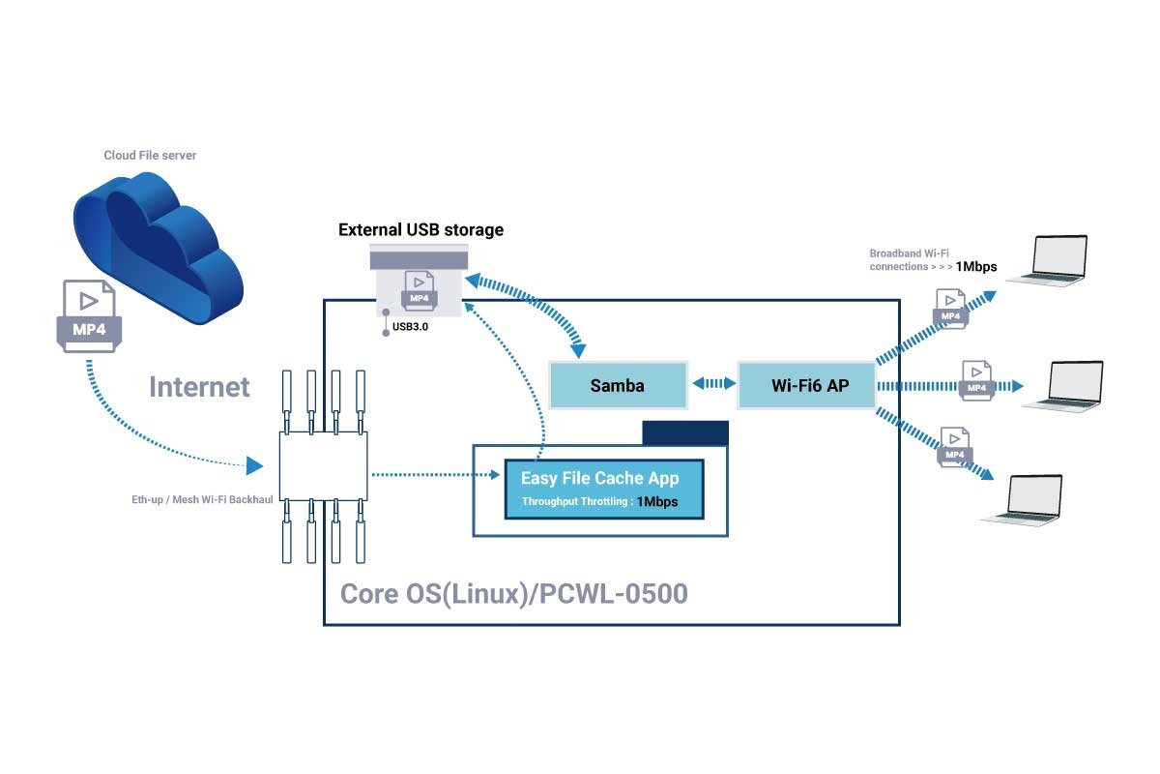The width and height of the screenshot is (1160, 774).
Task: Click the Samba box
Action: tap(618, 385)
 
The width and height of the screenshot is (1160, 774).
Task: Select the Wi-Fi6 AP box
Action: tap(807, 385)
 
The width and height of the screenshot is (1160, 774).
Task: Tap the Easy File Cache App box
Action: tap(604, 489)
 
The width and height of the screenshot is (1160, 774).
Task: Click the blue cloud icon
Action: tap(159, 248)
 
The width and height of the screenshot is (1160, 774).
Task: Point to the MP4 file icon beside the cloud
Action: tap(89, 316)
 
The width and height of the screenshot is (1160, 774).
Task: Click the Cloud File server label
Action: tap(150, 155)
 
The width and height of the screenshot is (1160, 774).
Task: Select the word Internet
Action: tap(199, 387)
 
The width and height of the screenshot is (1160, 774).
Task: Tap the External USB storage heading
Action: tap(421, 229)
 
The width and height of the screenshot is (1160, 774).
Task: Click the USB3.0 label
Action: tap(410, 327)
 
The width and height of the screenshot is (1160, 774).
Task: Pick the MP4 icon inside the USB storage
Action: tap(419, 290)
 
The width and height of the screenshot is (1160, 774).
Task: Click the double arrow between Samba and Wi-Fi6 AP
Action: tap(713, 384)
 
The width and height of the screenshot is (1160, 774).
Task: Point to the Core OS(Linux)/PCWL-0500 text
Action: tap(513, 594)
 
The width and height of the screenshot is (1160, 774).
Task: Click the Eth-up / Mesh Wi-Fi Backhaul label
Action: tap(202, 499)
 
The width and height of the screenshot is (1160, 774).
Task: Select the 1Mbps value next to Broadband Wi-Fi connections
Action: tap(976, 266)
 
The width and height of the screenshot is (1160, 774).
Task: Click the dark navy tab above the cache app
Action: tap(685, 432)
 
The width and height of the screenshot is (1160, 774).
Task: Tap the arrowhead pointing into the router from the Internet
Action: tap(254, 465)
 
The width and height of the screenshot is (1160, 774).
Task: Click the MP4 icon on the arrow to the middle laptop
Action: tap(976, 381)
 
